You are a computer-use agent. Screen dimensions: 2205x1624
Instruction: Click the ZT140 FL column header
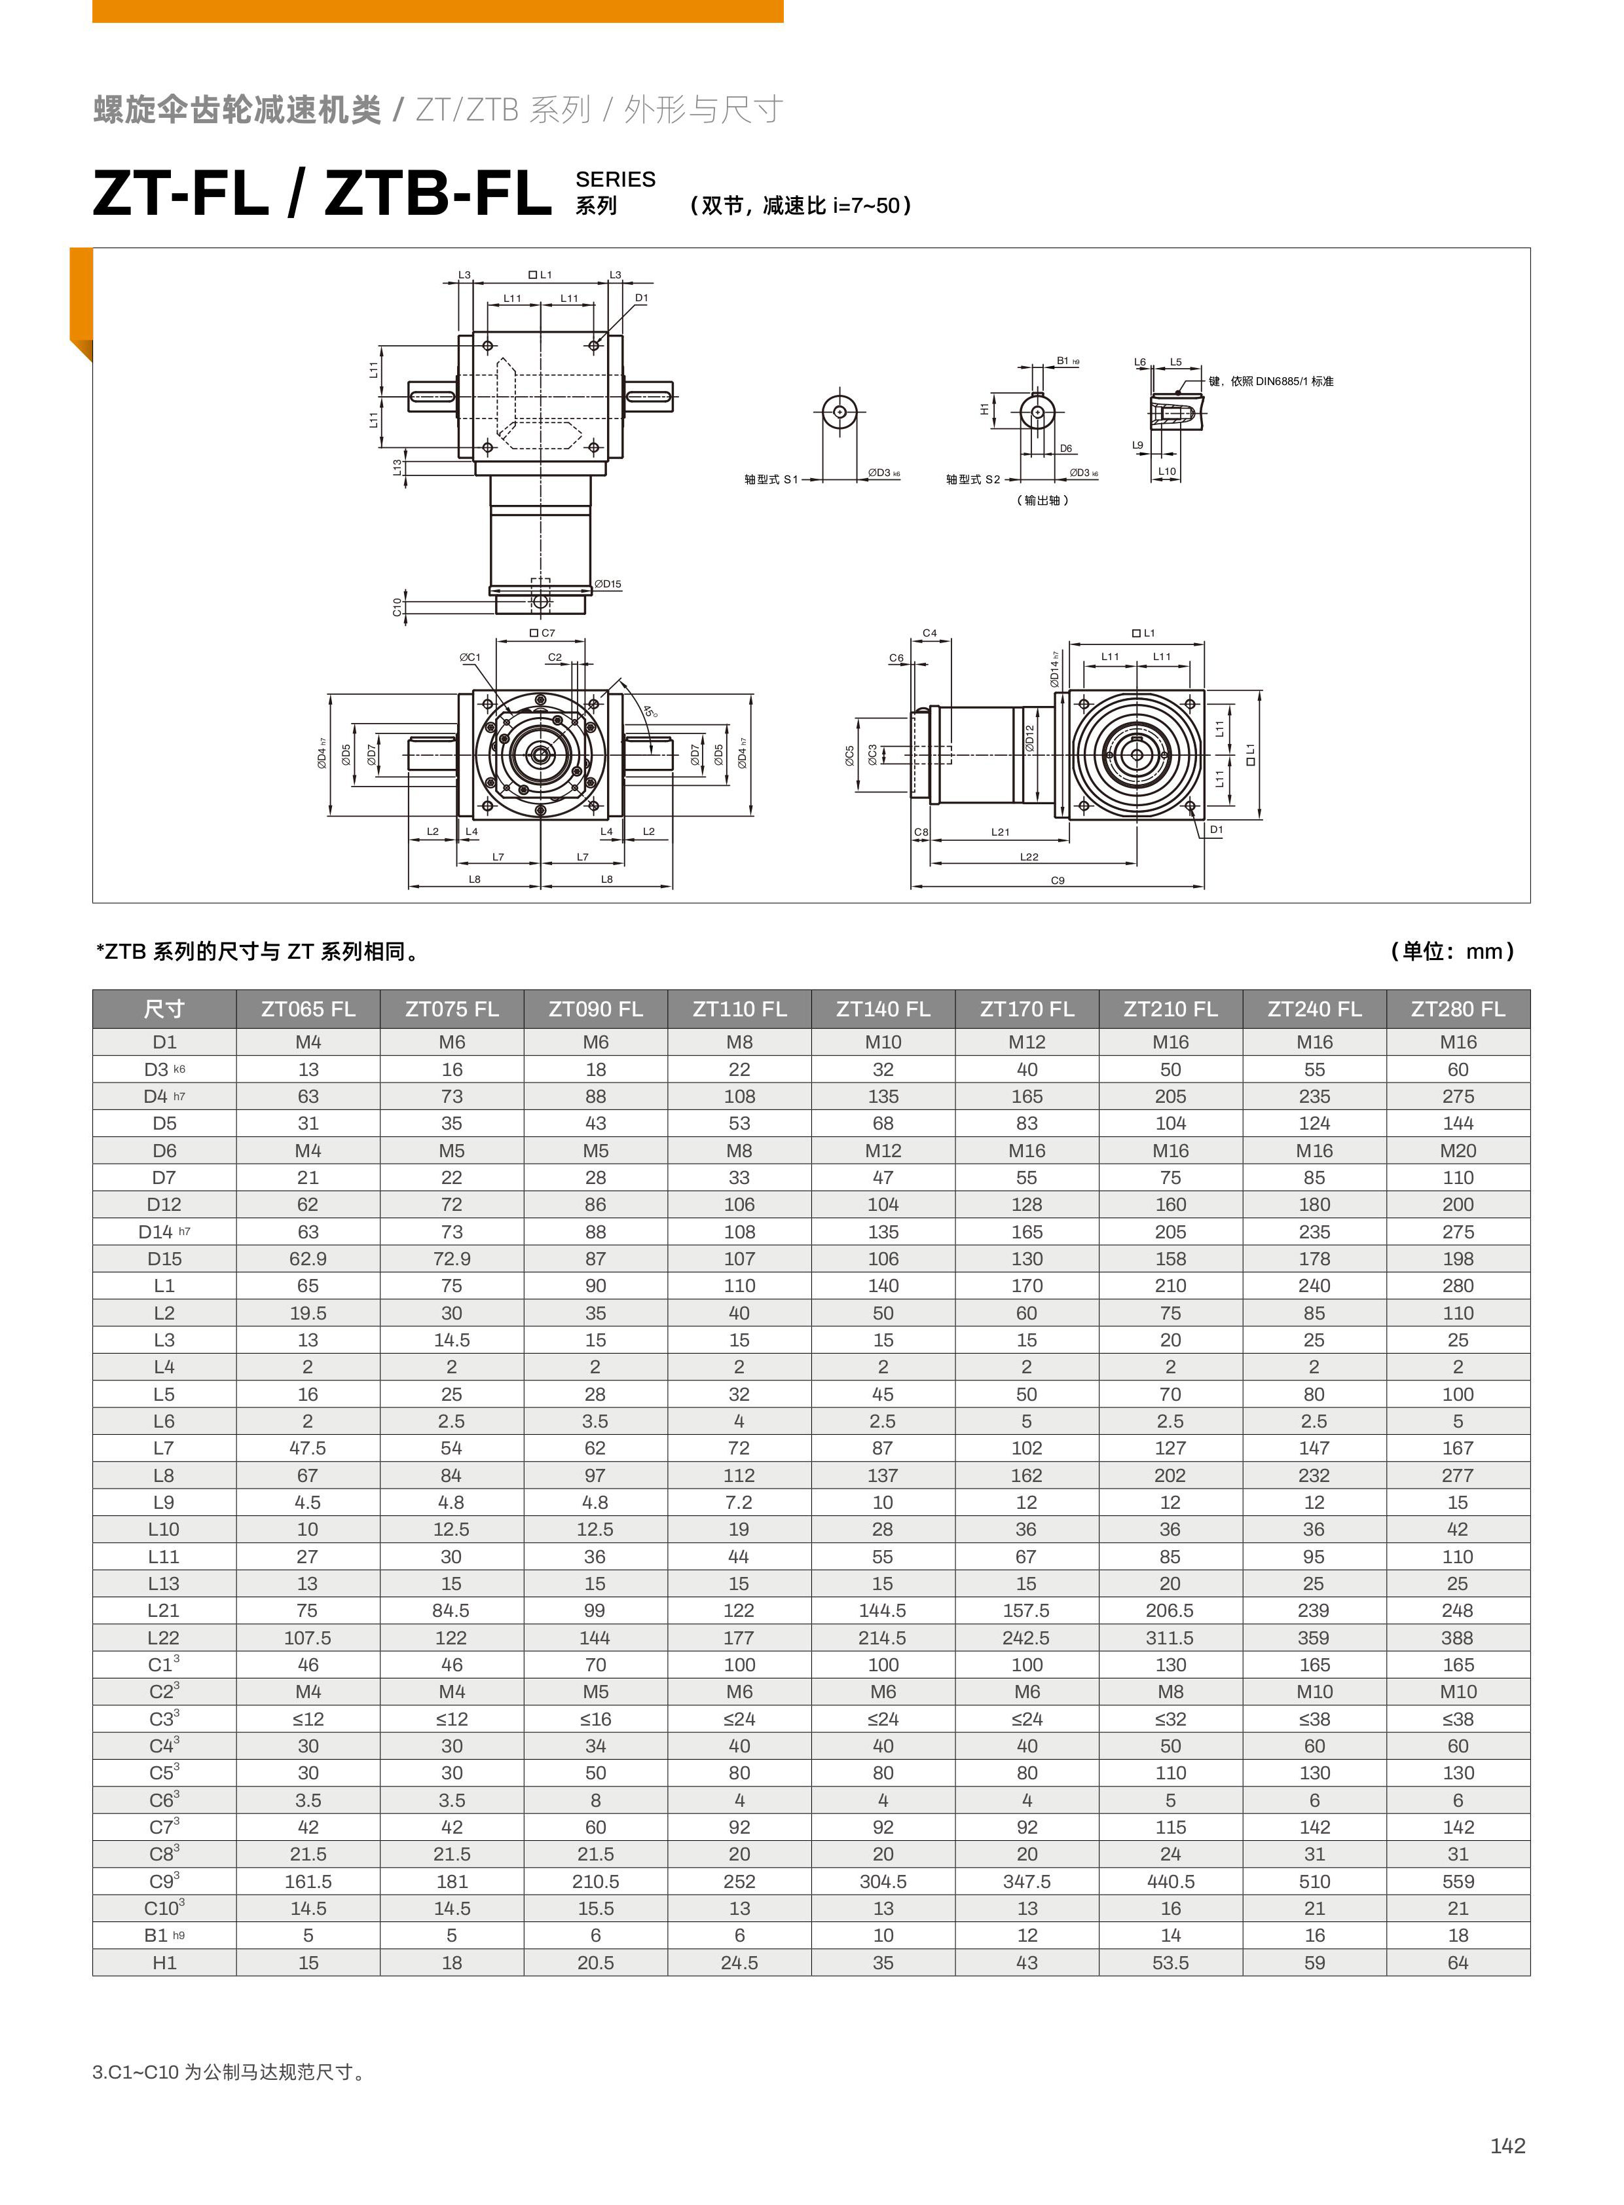pyautogui.click(x=882, y=1009)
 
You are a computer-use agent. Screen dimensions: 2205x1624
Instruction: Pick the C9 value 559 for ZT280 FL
pyautogui.click(x=1457, y=1881)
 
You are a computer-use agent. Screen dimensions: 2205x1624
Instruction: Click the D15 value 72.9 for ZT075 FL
pyautogui.click(x=451, y=1258)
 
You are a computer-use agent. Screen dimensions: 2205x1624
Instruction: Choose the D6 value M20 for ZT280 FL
pyautogui.click(x=1457, y=1150)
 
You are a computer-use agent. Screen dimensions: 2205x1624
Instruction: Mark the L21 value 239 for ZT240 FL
pyautogui.click(x=1314, y=1610)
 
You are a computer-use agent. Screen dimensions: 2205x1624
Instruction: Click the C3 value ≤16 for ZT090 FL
pyautogui.click(x=595, y=1718)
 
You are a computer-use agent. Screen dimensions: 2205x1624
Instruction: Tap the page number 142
pyautogui.click(x=1507, y=2146)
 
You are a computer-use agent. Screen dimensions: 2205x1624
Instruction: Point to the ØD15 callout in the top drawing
pyautogui.click(x=608, y=584)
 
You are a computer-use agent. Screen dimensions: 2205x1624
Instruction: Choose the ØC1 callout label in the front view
pyautogui.click(x=470, y=657)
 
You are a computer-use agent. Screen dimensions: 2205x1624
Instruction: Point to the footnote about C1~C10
pyautogui.click(x=230, y=2071)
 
